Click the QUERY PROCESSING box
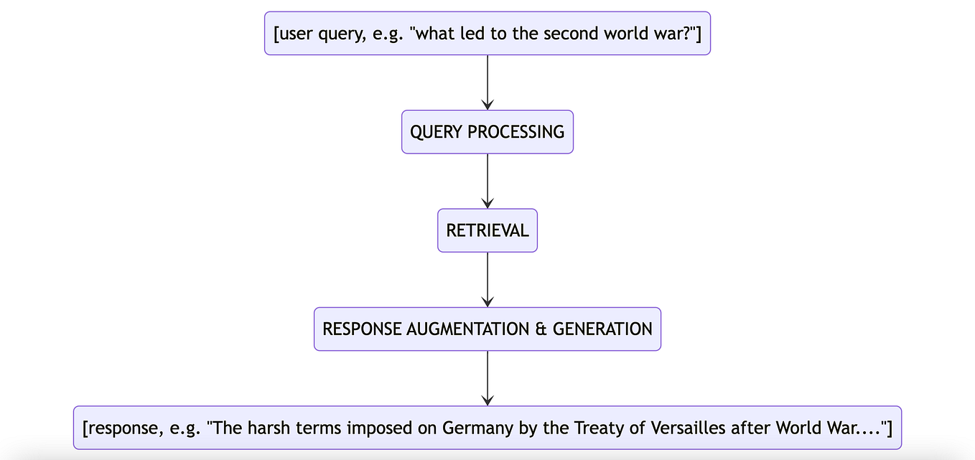tap(487, 132)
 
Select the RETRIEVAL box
tap(487, 230)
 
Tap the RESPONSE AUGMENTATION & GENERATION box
tap(487, 329)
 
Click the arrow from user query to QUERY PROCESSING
tap(487, 82)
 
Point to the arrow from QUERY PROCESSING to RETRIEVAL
tap(487, 181)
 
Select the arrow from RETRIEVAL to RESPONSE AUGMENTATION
tap(487, 279)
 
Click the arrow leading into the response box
tap(487, 378)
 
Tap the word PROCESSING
tap(516, 132)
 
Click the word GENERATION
tap(602, 329)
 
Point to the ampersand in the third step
tap(541, 329)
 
